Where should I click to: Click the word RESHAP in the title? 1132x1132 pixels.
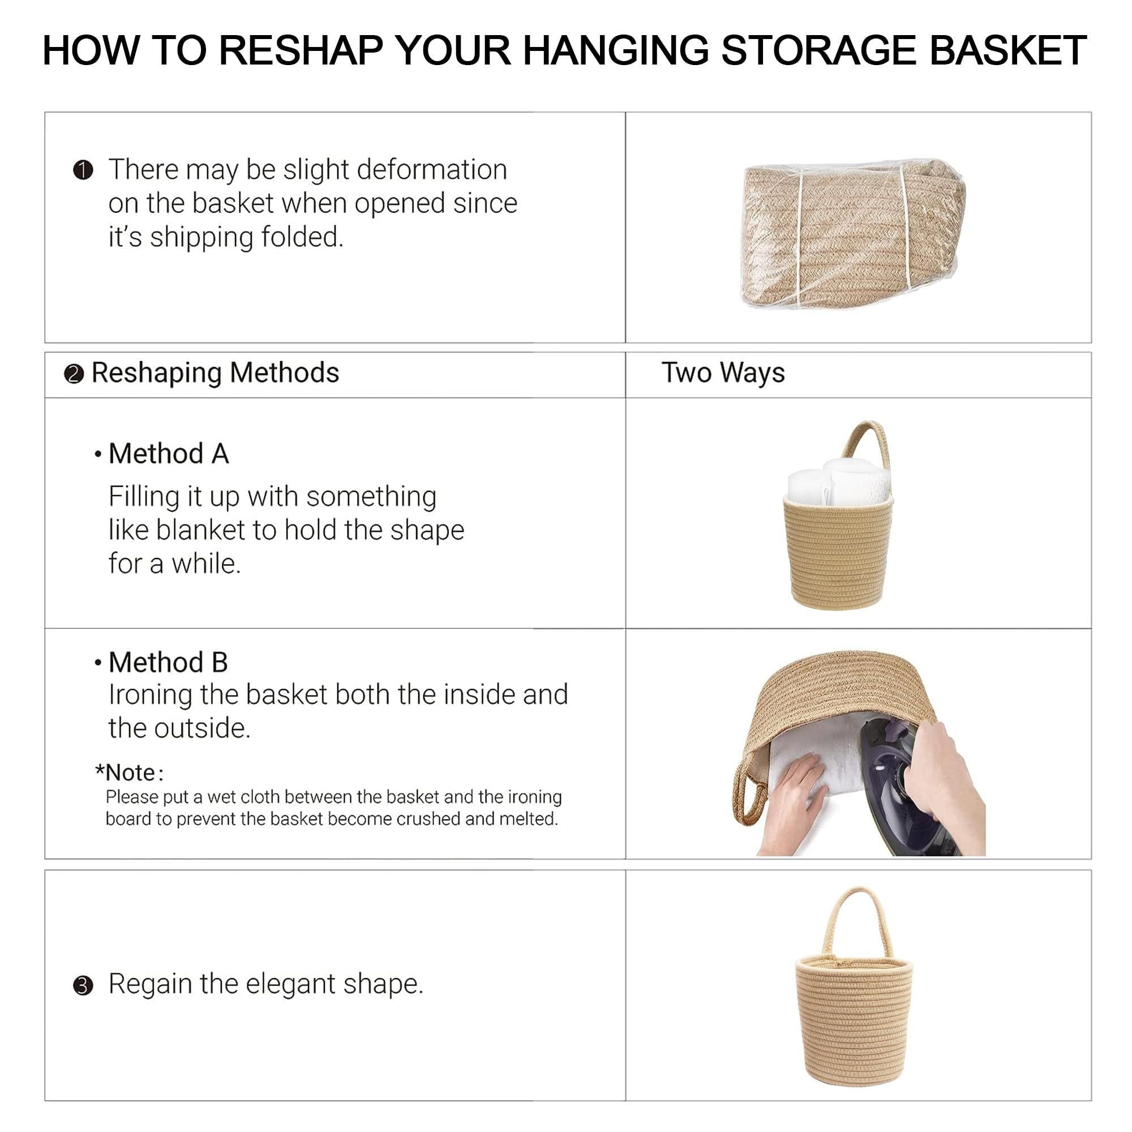point(301,50)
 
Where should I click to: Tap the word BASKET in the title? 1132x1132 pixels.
point(1008,50)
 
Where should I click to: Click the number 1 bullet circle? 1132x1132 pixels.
point(83,170)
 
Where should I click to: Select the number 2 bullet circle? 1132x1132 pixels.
point(74,374)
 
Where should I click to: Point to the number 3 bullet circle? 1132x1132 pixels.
point(83,986)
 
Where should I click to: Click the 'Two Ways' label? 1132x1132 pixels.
point(723,372)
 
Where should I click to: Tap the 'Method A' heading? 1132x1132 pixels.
point(169,453)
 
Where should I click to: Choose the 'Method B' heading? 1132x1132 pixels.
point(168,663)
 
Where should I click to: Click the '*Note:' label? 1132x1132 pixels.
point(130,773)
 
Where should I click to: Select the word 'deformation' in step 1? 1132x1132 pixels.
point(432,170)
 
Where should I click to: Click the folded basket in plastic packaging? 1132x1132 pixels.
point(852,233)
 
